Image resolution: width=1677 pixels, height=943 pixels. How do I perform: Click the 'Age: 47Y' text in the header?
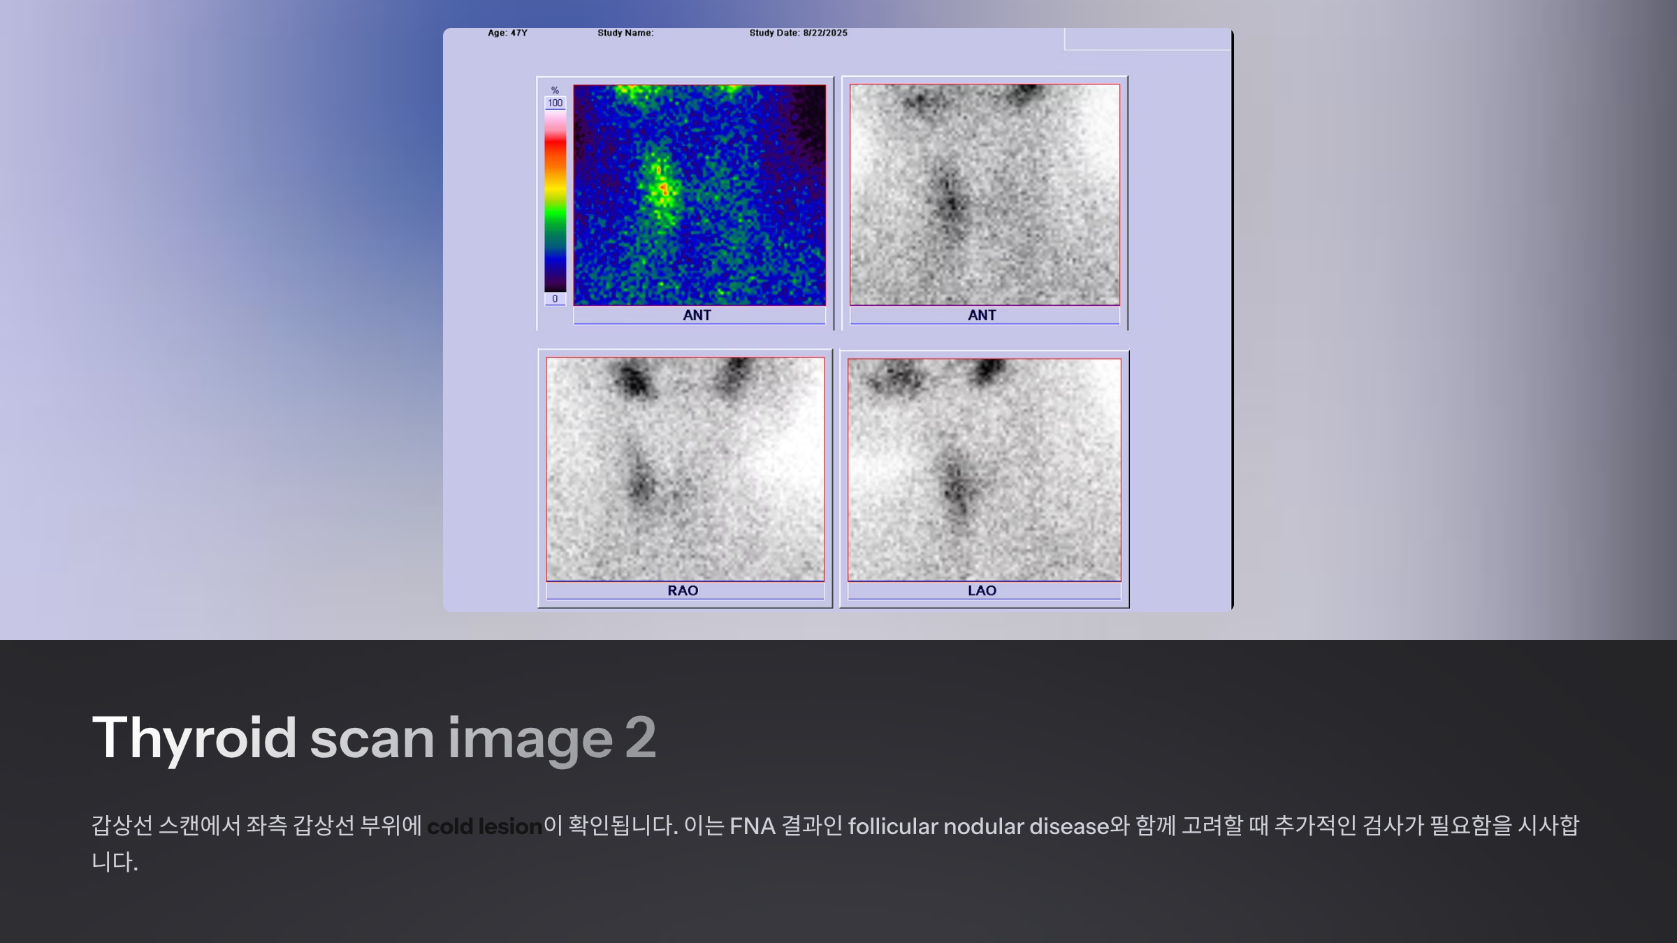(x=507, y=33)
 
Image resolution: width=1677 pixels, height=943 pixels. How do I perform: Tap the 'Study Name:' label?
(x=625, y=33)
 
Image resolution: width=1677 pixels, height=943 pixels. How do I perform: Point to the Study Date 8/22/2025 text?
(x=798, y=33)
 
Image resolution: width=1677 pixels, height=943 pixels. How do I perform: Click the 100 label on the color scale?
(x=555, y=103)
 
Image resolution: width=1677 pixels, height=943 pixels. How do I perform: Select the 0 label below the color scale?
(x=555, y=299)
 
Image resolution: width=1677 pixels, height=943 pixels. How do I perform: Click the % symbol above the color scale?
(x=555, y=90)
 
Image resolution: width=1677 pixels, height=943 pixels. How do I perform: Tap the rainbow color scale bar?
(x=555, y=200)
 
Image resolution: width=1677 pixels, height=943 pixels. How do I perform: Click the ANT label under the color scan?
(x=697, y=315)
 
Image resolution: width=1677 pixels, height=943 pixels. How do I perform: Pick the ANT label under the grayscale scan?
(x=982, y=315)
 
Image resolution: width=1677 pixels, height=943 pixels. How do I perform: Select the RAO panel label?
(x=683, y=590)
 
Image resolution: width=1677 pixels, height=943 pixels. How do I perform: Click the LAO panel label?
(x=982, y=590)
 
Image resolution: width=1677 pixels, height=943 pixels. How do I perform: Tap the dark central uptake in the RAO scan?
(x=641, y=482)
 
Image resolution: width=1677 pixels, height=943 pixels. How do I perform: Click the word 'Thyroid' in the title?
(x=194, y=739)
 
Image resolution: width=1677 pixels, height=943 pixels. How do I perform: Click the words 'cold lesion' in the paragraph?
(x=484, y=826)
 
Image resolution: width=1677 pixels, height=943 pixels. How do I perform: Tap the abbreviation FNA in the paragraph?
(x=753, y=826)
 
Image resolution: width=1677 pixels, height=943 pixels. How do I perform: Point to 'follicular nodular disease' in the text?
(x=979, y=826)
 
